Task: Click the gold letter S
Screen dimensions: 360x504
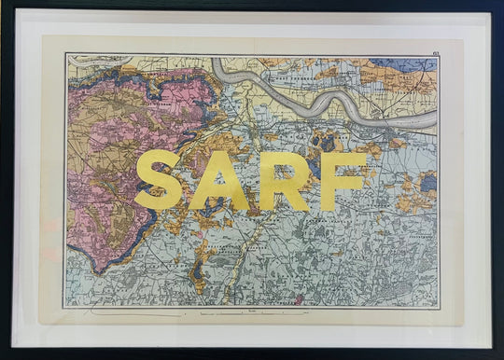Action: pos(160,180)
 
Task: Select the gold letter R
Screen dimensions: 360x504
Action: pos(283,180)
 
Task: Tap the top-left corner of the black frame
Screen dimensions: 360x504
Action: pos(4,4)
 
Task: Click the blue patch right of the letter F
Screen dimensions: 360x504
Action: pos(427,184)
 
